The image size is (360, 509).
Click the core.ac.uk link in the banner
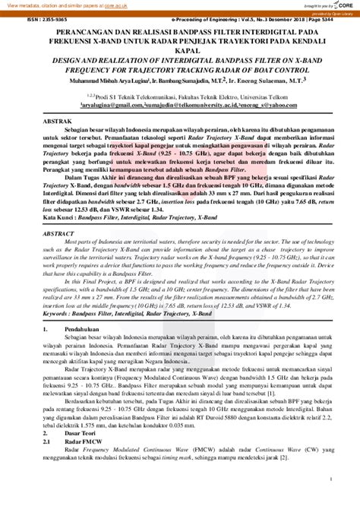click(112, 5)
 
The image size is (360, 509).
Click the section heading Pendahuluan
click(85, 308)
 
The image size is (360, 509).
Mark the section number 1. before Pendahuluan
click(46, 308)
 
